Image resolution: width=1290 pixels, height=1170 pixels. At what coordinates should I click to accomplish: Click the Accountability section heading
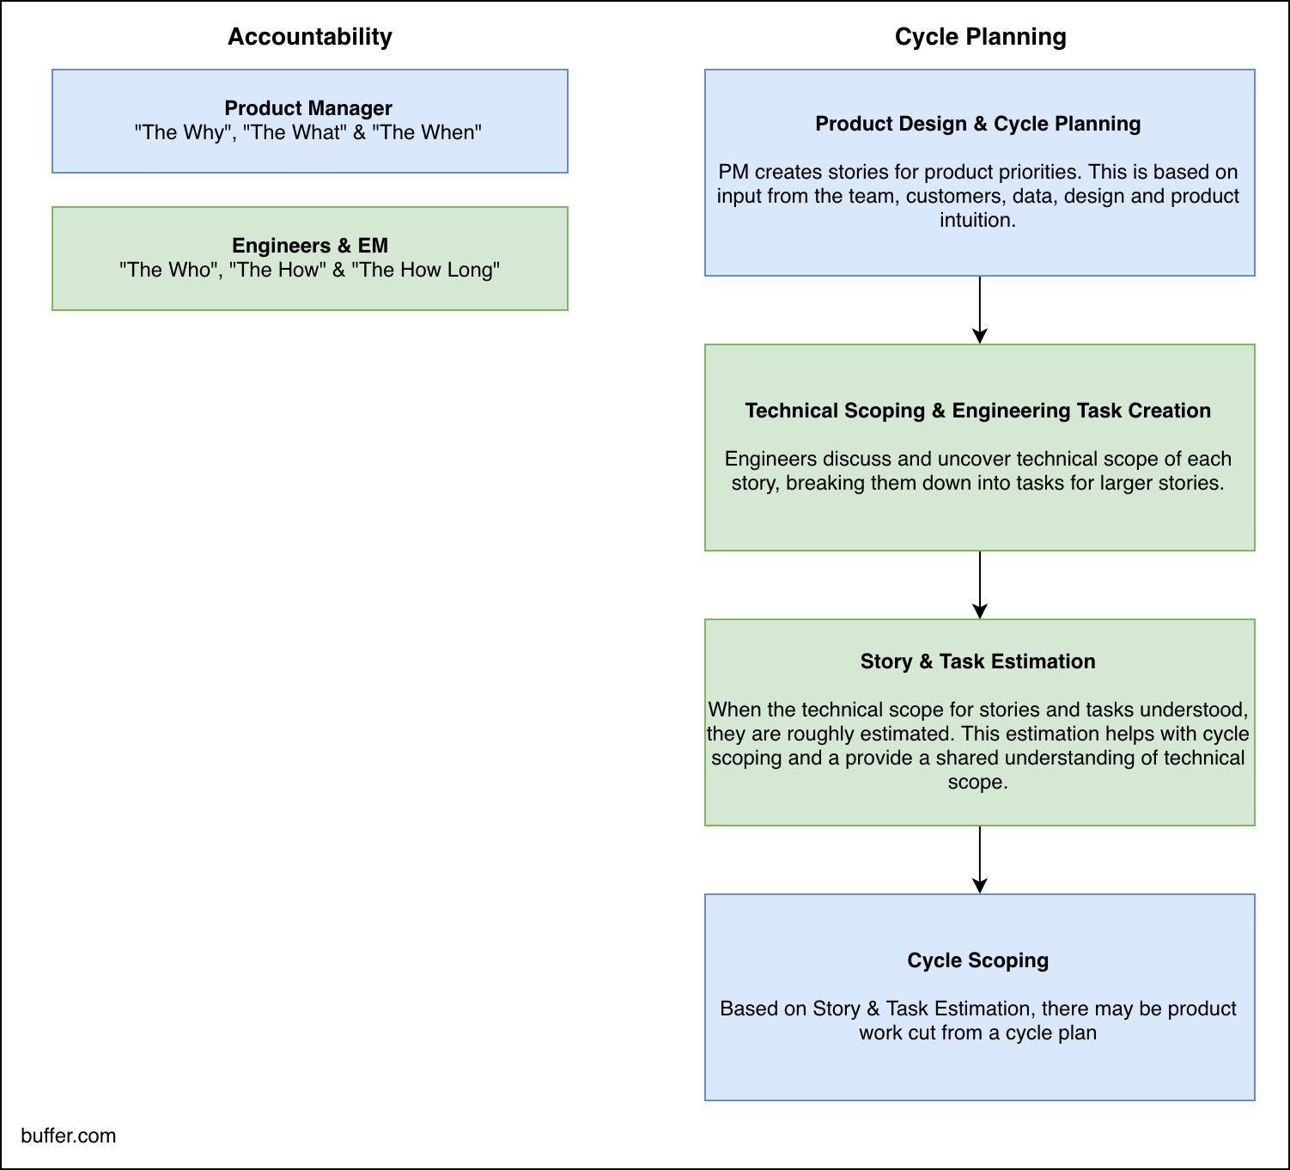309,37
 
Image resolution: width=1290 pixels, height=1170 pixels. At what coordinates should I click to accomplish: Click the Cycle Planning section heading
980,37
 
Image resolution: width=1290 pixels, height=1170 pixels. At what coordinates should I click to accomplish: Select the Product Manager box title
308,108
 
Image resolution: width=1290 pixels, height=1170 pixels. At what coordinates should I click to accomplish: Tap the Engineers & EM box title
309,246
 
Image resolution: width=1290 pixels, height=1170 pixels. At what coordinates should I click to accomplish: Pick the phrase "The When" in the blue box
427,132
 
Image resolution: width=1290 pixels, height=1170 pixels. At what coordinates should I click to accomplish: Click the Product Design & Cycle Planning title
977,124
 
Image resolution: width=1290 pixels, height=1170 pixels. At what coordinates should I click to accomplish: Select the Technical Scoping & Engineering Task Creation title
977,411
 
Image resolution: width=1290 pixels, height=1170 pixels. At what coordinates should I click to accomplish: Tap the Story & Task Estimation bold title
977,661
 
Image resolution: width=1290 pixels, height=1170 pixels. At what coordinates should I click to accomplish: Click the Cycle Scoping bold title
977,960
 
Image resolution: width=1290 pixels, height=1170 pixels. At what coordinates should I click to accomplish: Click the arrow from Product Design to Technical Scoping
979,310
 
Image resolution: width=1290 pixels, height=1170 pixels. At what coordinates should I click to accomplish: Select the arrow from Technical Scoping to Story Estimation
979,585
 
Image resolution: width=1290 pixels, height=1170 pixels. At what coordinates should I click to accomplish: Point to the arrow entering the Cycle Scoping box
979,860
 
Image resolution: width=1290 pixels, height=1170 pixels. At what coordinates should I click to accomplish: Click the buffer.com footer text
69,1136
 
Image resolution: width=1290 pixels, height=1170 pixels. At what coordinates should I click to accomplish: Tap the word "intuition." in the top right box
977,220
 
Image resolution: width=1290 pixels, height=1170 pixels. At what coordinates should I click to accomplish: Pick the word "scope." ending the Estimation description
977,782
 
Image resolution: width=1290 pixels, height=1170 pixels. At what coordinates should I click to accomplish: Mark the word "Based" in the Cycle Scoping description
745,1009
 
